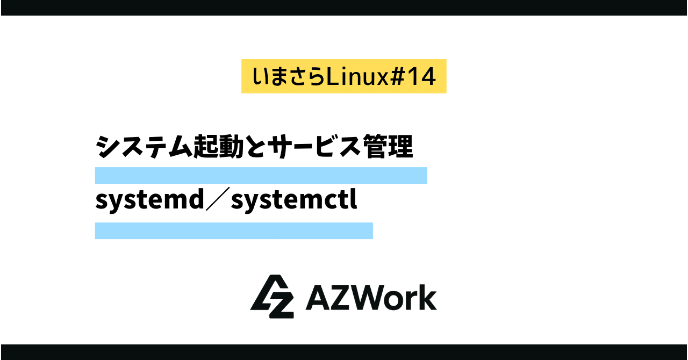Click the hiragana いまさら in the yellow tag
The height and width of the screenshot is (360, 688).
[x=289, y=77]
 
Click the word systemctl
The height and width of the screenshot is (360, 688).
[x=295, y=200]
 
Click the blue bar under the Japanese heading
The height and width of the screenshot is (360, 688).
[x=261, y=175]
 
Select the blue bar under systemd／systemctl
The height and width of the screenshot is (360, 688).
[x=234, y=231]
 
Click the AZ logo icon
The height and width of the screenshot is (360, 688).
[x=272, y=297]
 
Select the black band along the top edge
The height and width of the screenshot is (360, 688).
[x=344, y=8]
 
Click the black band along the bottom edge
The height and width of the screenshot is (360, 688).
[x=344, y=352]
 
